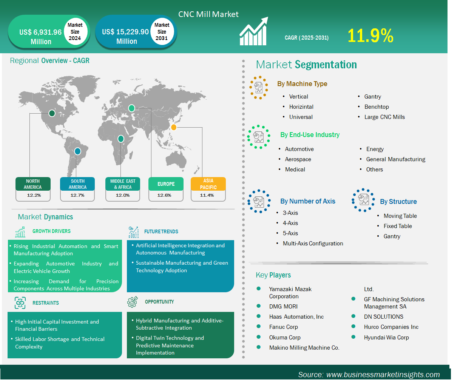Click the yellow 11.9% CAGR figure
tap(370, 35)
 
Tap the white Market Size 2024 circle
tap(76, 32)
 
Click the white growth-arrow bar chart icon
tap(254, 31)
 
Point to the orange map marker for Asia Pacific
tap(174, 127)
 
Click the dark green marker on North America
tap(52, 113)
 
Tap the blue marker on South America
tap(77, 151)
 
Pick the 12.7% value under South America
tap(77, 195)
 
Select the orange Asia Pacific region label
tap(208, 184)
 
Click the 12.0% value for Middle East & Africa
tap(123, 195)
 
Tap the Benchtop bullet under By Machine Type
tap(377, 107)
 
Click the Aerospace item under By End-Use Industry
tap(298, 159)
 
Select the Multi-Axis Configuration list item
tap(313, 244)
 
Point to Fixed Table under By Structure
tap(398, 226)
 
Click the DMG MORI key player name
tap(283, 306)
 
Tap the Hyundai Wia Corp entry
tap(386, 338)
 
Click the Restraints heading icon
tap(20, 303)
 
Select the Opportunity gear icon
tap(133, 302)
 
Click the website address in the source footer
tap(383, 375)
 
